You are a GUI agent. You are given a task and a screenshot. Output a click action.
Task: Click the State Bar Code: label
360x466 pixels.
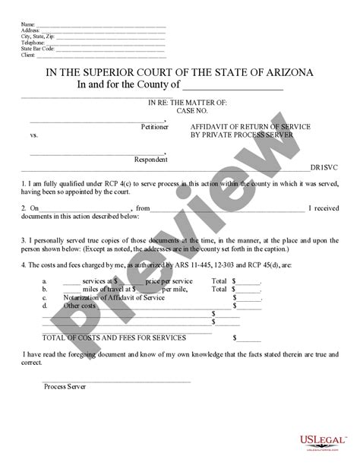[x=39, y=49]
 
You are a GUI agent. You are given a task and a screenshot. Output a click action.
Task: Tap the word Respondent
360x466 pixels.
[x=151, y=160]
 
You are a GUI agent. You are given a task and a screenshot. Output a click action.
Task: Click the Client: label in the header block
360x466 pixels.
[x=29, y=55]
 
